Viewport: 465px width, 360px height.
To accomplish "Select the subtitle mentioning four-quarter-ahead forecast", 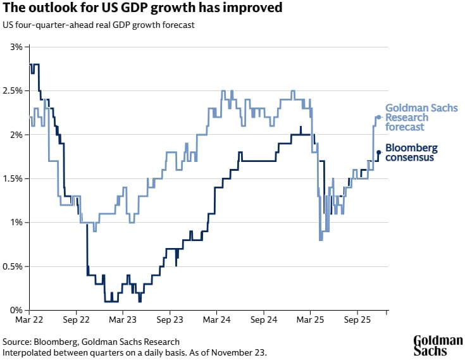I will click(98, 25).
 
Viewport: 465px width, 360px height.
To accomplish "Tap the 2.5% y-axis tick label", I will click(13, 90).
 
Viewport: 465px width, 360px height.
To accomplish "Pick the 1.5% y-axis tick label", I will click(13, 178).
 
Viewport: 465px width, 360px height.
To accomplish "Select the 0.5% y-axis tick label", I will click(13, 266).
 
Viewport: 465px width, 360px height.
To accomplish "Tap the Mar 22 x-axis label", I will click(30, 321).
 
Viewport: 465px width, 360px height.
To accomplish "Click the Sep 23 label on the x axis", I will click(170, 321).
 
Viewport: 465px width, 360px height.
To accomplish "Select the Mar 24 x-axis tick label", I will click(216, 321).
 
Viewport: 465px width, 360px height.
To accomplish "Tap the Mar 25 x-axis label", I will click(310, 321).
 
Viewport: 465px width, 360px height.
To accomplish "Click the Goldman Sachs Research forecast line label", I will click(421, 118).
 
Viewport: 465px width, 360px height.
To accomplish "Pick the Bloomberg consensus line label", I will click(411, 152).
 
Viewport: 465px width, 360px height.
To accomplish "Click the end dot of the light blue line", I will click(378, 117).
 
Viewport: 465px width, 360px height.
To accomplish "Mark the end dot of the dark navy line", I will click(378, 152).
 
